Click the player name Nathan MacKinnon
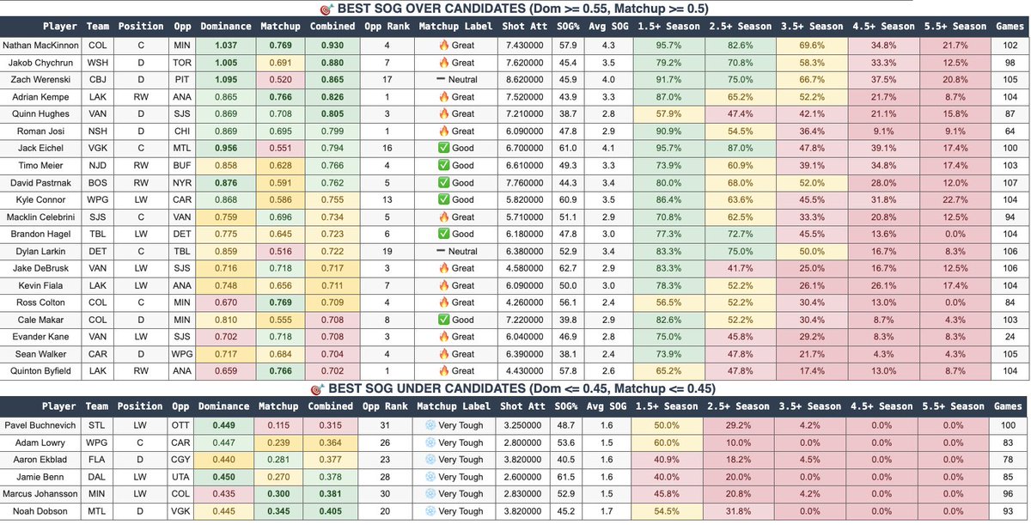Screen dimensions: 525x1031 (x=43, y=45)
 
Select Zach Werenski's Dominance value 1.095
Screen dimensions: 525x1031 (x=226, y=79)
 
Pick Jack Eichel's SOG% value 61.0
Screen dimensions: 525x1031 (x=567, y=148)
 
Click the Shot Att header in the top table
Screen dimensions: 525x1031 (x=522, y=27)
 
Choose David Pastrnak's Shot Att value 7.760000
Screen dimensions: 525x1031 (x=522, y=182)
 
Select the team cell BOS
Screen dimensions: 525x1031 (x=97, y=182)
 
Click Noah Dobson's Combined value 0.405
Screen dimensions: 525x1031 (x=332, y=511)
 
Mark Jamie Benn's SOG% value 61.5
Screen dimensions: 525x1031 (x=567, y=477)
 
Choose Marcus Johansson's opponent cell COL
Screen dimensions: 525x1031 (x=182, y=494)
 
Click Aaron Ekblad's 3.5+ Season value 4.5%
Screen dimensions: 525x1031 (x=811, y=460)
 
